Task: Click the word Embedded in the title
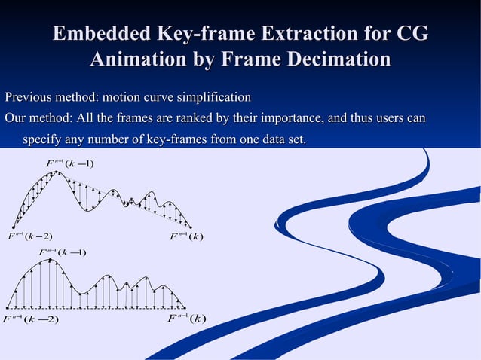[x=101, y=35]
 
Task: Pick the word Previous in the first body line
[x=29, y=98]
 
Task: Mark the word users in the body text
[x=387, y=119]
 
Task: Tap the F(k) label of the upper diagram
[x=186, y=237]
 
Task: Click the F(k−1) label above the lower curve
[x=63, y=252]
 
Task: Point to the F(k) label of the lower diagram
[x=186, y=318]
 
